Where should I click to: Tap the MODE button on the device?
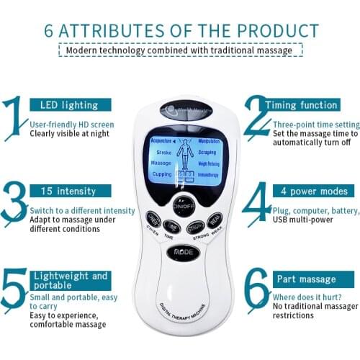tap(182, 253)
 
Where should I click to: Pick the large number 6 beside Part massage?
tap(256, 287)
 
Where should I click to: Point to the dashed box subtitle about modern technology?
tap(180, 50)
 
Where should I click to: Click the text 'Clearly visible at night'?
tap(70, 133)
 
